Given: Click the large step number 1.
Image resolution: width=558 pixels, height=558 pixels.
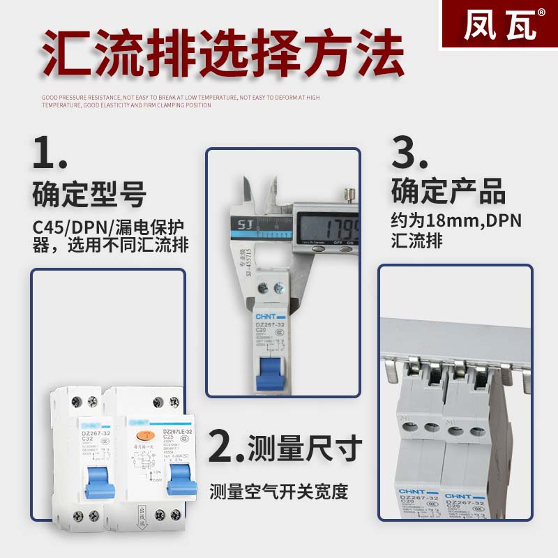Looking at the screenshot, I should click(50, 153).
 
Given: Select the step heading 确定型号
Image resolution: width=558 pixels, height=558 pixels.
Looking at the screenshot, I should click(89, 193).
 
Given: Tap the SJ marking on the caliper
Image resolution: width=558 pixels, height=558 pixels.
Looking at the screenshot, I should click(243, 225).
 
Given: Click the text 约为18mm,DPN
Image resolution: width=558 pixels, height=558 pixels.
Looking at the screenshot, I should click(455, 221).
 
